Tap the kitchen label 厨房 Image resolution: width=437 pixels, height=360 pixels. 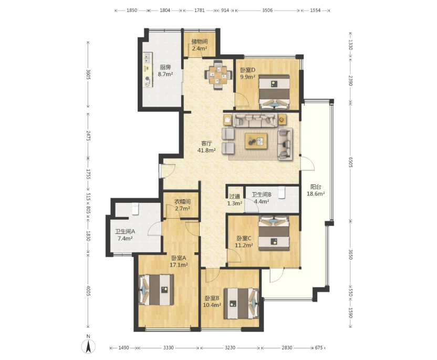[165, 67]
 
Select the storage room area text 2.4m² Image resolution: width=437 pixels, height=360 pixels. [199, 48]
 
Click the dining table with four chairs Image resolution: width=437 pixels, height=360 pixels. [219, 75]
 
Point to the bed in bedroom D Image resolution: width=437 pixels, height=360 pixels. [275, 92]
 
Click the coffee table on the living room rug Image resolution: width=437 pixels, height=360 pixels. [256, 141]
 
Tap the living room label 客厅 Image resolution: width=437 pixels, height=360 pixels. [206, 143]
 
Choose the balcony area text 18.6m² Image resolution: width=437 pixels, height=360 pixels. [316, 194]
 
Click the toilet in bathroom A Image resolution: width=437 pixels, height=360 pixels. [135, 209]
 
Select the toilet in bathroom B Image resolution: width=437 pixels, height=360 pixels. [282, 192]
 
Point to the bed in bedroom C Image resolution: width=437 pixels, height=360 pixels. [274, 233]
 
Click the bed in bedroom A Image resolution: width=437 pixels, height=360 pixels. [156, 290]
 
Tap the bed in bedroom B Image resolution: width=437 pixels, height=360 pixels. [242, 303]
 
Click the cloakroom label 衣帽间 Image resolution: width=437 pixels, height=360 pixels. [183, 202]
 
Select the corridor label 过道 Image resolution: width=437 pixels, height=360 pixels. [234, 197]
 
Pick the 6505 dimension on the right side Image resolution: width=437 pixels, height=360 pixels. [350, 162]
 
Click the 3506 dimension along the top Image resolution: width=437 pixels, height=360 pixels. [267, 11]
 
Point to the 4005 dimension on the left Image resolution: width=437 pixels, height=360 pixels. [88, 291]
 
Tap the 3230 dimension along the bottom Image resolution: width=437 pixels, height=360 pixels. [230, 348]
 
